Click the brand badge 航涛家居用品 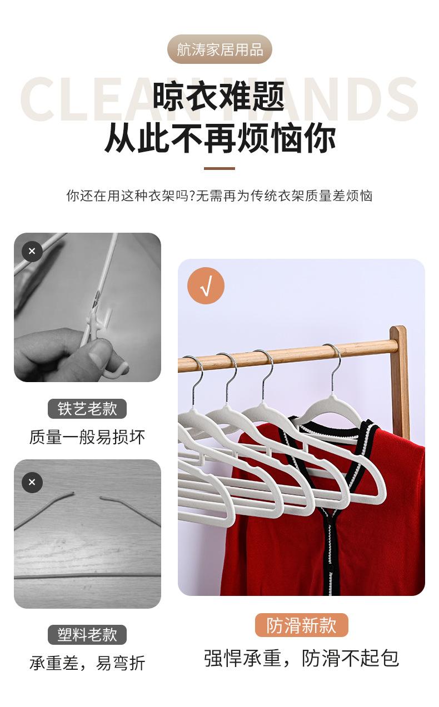219,49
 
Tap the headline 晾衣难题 219,96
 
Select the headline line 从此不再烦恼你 220,138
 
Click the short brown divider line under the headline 219,168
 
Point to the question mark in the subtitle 191,196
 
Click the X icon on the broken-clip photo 32,251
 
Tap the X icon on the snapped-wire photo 32,482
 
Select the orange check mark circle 206,286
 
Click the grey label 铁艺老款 87,409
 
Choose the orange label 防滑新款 302,625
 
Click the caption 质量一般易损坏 87,437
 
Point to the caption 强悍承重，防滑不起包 302,658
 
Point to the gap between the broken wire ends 87,495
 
